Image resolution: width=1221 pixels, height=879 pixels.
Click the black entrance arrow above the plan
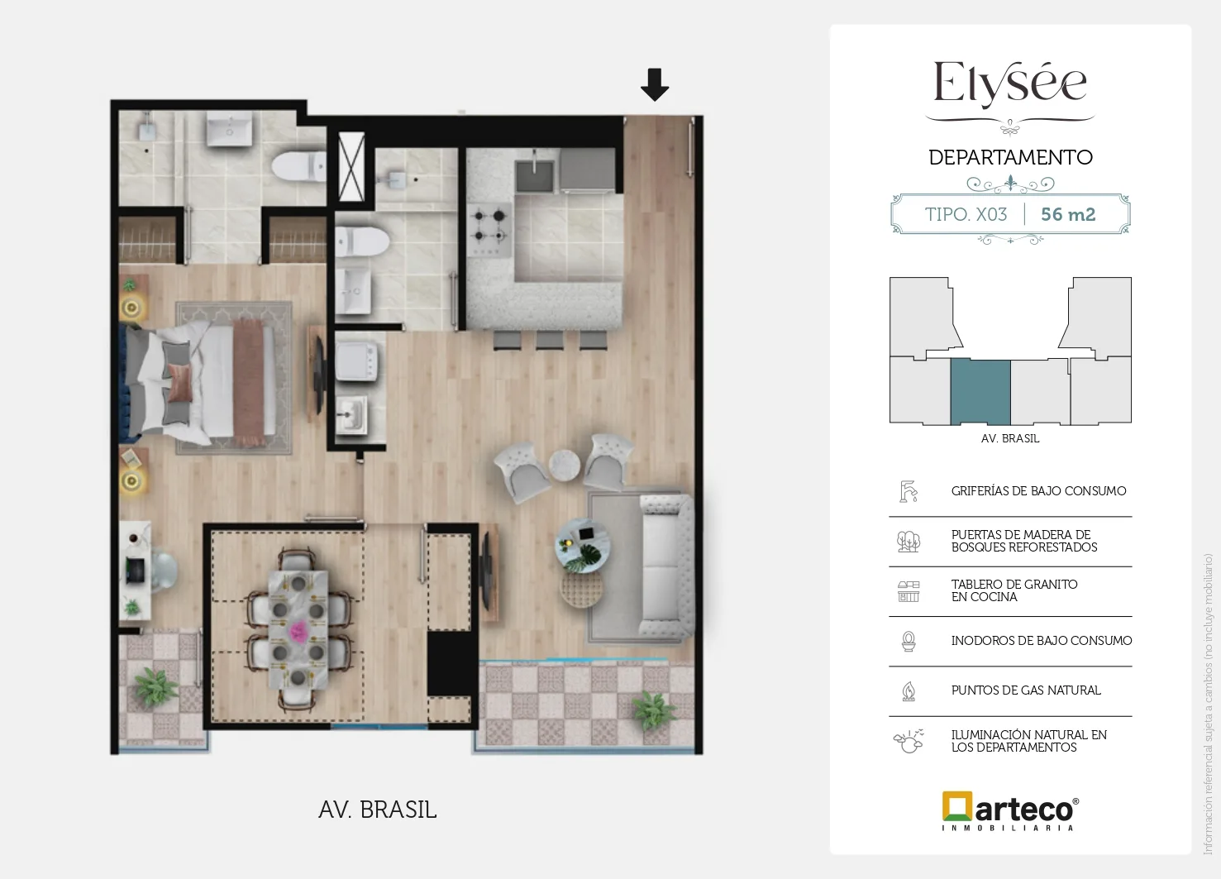pos(655,84)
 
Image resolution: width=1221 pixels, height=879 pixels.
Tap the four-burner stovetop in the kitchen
pos(489,230)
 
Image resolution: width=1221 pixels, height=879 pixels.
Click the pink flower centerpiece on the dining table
pos(298,632)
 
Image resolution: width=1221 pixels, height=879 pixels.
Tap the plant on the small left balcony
pos(156,686)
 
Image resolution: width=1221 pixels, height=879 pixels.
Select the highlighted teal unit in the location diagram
pos(980,391)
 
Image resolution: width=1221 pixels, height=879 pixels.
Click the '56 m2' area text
pos(1068,214)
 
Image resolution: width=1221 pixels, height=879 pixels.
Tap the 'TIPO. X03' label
pos(966,214)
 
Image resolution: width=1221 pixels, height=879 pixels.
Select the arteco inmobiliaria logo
pos(1010,811)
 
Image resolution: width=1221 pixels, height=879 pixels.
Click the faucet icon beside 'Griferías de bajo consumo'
pos(909,491)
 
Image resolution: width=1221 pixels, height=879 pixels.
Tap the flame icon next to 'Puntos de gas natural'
pos(909,690)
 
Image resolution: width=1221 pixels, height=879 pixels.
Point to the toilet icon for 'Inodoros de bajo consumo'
pos(909,641)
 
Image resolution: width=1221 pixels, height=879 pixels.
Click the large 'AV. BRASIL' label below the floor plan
pos(378,810)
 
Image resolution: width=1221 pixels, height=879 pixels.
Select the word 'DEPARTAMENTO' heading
pos(1010,158)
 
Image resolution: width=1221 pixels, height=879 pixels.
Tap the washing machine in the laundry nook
pos(356,361)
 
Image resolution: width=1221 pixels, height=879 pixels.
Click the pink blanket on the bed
pos(249,382)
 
